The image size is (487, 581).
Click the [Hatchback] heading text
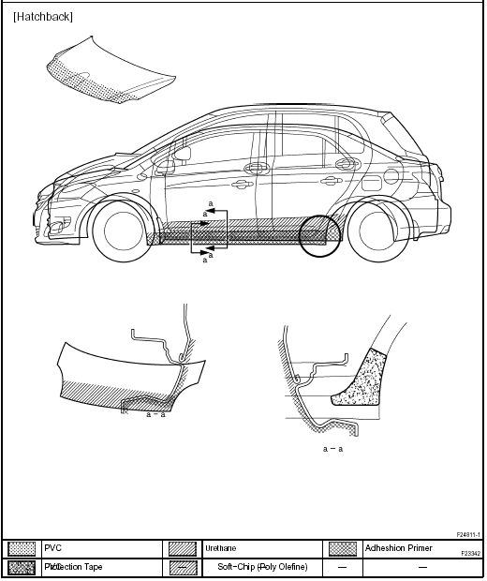(43, 17)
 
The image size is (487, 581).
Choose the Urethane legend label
(219, 547)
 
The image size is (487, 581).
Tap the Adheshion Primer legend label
(398, 547)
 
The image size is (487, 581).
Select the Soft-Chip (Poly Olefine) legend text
(262, 567)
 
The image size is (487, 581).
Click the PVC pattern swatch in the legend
(22, 548)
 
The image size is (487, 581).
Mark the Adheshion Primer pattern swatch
(343, 548)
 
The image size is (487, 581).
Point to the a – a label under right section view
(333, 449)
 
